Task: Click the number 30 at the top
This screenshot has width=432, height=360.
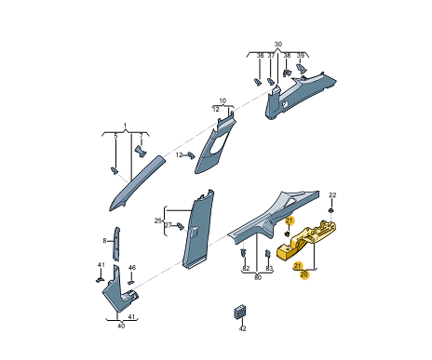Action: tap(278, 45)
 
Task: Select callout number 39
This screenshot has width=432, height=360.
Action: tap(301, 56)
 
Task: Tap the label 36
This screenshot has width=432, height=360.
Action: tap(260, 56)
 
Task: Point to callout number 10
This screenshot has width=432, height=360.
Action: tap(223, 100)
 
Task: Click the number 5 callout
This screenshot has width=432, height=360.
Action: tap(115, 136)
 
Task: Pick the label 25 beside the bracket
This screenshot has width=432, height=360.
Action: tap(158, 220)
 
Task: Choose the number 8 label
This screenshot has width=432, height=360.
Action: tap(104, 241)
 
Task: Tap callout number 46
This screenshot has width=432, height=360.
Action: tap(132, 268)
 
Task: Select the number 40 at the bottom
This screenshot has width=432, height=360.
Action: tap(121, 326)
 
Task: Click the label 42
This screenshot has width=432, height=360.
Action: tap(243, 328)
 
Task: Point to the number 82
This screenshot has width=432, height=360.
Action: tap(246, 269)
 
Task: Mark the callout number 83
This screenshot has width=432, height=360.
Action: tap(269, 269)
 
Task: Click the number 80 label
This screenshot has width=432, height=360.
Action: tap(258, 277)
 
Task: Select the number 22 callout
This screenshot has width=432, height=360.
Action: tap(332, 195)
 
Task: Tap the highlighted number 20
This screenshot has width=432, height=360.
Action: tap(304, 274)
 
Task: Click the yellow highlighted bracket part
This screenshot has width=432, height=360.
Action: tap(305, 240)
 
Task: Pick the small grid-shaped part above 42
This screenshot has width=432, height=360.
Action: tap(240, 313)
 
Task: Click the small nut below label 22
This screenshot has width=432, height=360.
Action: tap(331, 211)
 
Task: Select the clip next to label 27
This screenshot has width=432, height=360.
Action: tap(181, 226)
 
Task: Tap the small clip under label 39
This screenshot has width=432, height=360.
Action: tap(300, 68)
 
